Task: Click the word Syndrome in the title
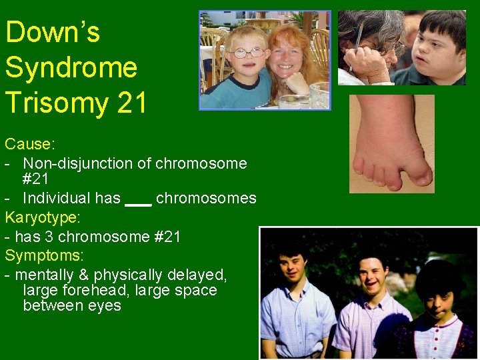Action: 71,67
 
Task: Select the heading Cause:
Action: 29,144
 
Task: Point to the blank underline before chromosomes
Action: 139,199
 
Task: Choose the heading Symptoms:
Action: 45,255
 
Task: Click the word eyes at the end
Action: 105,306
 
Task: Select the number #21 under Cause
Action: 35,179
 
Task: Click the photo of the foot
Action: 391,143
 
